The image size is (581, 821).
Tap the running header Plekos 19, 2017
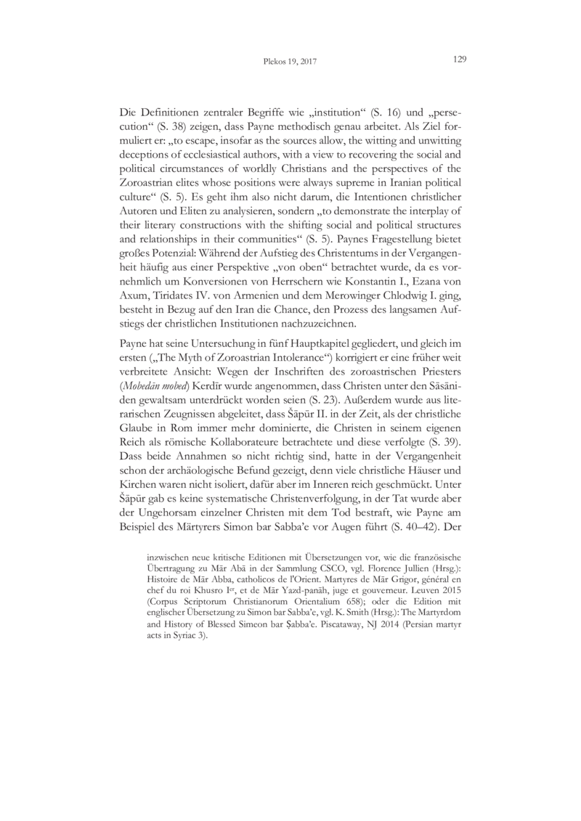tap(290, 62)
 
